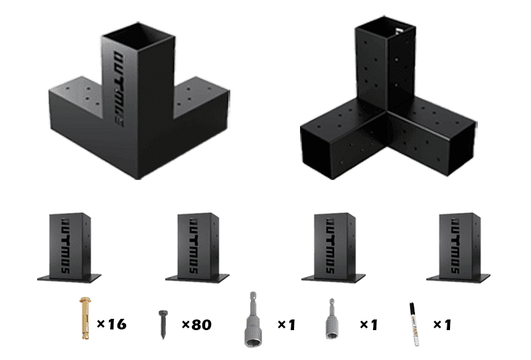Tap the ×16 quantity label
coord(111,325)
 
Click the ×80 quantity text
coord(196,325)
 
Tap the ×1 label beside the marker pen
coord(442,325)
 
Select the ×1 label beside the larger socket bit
coord(286,325)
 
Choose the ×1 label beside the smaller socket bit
coord(368,325)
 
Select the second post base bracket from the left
coord(197,246)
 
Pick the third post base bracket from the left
coord(333,246)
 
